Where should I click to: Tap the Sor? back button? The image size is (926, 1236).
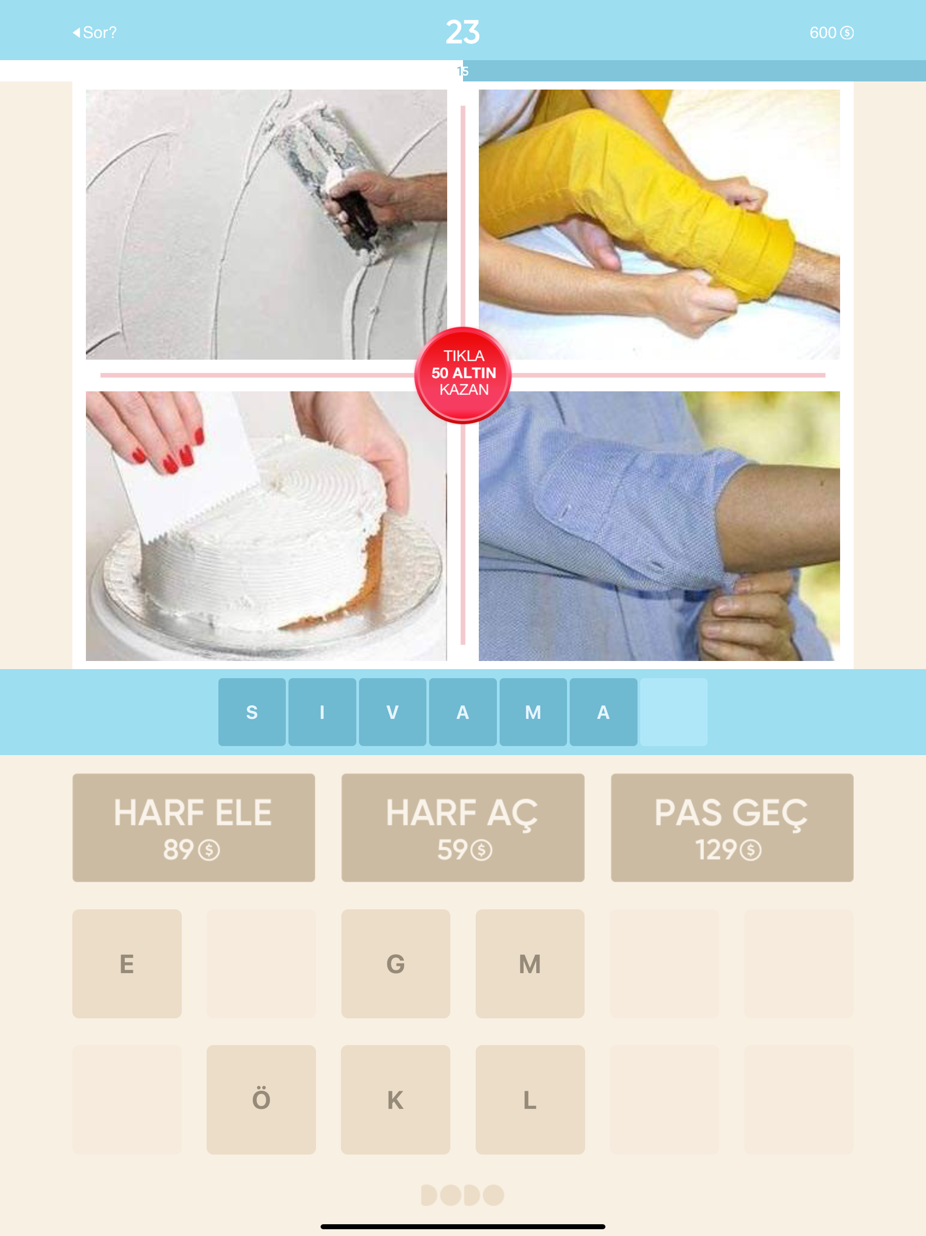point(95,33)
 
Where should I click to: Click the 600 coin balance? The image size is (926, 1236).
point(831,33)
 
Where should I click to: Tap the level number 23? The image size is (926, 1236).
point(463,32)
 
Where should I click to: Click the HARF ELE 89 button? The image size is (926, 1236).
point(193,827)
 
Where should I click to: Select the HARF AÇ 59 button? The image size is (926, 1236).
point(463,827)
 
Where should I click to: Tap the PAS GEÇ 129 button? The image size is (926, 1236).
point(732,827)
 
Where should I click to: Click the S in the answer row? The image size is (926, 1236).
point(252,712)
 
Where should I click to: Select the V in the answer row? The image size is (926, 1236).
point(392,712)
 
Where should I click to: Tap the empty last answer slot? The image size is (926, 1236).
point(674,712)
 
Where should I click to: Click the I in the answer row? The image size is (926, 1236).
point(322,712)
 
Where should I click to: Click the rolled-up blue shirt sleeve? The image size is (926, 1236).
point(643,514)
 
